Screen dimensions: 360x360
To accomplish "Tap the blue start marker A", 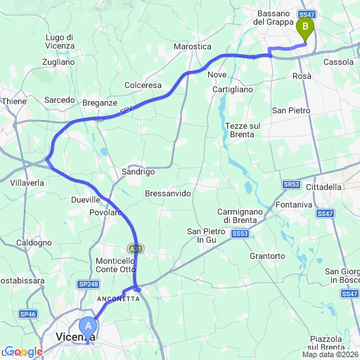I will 88,326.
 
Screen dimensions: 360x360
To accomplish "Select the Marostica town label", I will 193,46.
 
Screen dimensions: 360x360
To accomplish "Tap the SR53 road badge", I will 292,184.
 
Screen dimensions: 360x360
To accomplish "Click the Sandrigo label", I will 138,172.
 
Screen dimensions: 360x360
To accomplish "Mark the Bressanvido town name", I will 167,193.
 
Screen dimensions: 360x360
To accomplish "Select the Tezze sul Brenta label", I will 243,130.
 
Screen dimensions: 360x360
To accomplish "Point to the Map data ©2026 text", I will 330,354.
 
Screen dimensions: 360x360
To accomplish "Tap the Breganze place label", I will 99,103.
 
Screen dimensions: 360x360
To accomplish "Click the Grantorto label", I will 267,256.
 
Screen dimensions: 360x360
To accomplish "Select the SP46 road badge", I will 28,314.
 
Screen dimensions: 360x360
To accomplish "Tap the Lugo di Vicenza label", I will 60,41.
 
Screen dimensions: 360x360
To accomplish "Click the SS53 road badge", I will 240,233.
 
